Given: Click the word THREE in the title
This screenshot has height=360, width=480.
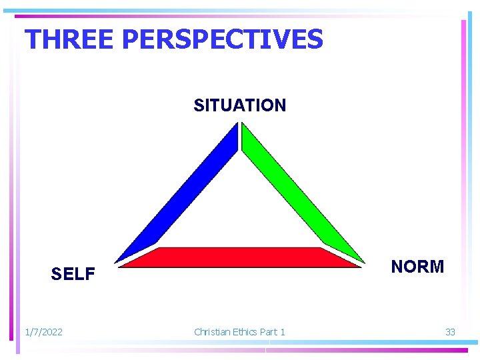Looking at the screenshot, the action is pyautogui.click(x=70, y=39).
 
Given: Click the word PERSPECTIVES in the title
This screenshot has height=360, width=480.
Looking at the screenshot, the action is pyautogui.click(x=223, y=39).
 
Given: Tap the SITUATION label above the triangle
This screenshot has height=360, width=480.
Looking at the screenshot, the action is pyautogui.click(x=239, y=105).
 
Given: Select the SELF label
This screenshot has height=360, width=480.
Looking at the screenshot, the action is pyautogui.click(x=73, y=274).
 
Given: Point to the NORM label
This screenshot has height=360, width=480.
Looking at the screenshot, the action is pyautogui.click(x=417, y=267).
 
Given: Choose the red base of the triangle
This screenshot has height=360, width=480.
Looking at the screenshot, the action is pyautogui.click(x=240, y=257).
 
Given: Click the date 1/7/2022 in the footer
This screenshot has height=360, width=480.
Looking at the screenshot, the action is pyautogui.click(x=43, y=331).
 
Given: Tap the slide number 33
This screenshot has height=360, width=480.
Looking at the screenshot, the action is pyautogui.click(x=450, y=331).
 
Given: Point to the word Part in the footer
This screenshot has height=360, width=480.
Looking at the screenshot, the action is pyautogui.click(x=269, y=331).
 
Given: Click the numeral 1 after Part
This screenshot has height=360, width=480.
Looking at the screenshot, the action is pyautogui.click(x=283, y=331).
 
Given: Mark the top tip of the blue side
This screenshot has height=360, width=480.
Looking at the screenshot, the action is pyautogui.click(x=236, y=125).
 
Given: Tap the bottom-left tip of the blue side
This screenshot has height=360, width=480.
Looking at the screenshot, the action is pyautogui.click(x=116, y=261).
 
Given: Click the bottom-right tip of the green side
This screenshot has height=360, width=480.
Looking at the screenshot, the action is pyautogui.click(x=363, y=261).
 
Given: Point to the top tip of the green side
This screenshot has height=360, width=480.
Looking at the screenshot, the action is pyautogui.click(x=243, y=125).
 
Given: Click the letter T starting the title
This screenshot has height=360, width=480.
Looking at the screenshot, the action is pyautogui.click(x=32, y=39).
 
